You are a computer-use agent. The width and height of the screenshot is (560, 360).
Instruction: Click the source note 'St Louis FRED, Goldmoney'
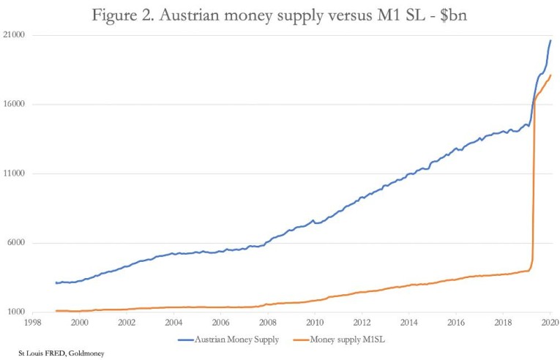click(57, 353)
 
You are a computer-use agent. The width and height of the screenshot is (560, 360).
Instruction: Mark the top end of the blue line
click(550, 40)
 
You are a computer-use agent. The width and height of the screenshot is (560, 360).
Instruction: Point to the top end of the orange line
click(550, 75)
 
